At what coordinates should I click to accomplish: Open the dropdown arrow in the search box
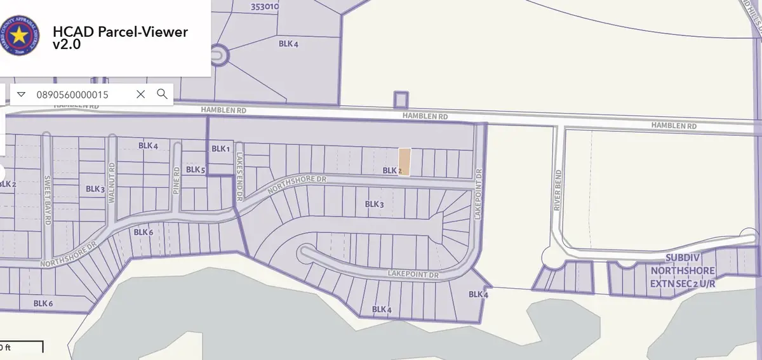[x=21, y=94]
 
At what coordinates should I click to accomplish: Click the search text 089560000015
[x=74, y=95]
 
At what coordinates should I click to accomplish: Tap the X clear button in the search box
[x=141, y=94]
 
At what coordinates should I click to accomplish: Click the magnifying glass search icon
[x=162, y=94]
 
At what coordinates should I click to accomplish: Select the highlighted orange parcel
[x=404, y=161]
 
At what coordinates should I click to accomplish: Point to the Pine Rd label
[x=178, y=180]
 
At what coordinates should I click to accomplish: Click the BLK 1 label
[x=220, y=149]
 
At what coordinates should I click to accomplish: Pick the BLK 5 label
[x=195, y=170]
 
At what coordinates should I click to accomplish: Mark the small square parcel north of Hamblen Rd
[x=400, y=100]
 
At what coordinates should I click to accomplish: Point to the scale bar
[x=22, y=347]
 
